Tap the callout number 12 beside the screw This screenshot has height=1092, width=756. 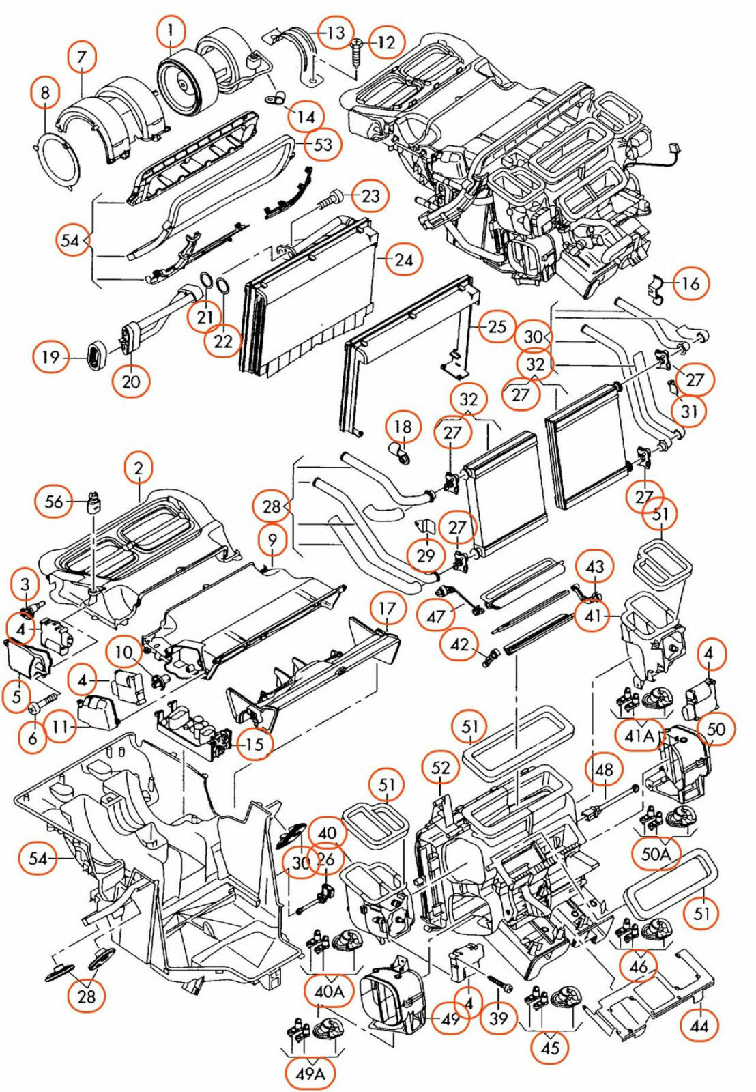(x=386, y=42)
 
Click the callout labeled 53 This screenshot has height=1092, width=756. (x=323, y=144)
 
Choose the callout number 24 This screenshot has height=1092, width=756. (x=404, y=260)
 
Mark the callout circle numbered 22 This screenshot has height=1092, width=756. (x=223, y=341)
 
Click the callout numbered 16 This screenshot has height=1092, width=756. (x=690, y=283)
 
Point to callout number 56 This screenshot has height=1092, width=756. (x=53, y=502)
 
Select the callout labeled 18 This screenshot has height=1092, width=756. (x=403, y=427)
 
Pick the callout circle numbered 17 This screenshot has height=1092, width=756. (x=387, y=609)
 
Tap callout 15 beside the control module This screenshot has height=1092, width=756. (x=254, y=744)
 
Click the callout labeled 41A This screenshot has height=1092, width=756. (x=639, y=735)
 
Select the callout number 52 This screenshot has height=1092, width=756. (x=441, y=768)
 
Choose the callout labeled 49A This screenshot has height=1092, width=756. (x=310, y=1074)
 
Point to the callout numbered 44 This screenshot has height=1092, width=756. (x=699, y=1025)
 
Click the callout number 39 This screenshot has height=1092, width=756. (x=499, y=1018)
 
